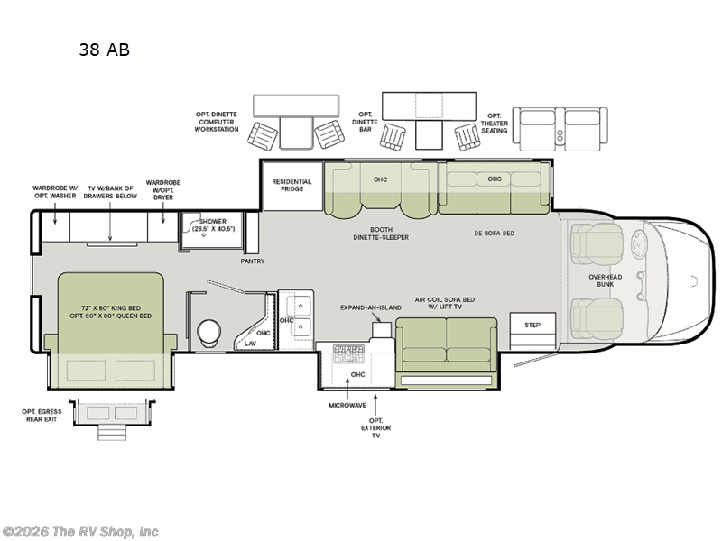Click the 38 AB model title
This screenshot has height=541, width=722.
pyautogui.click(x=104, y=50)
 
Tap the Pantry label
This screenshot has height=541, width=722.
pyautogui.click(x=252, y=261)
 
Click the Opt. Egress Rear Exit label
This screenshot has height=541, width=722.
pyautogui.click(x=44, y=416)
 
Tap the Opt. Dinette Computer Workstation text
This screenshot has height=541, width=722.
pyautogui.click(x=217, y=122)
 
